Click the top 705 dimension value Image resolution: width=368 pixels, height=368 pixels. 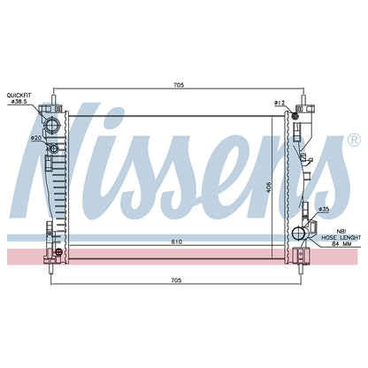(179, 85)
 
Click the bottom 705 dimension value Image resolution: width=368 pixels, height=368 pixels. (176, 280)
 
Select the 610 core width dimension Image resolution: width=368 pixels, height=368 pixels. (177, 241)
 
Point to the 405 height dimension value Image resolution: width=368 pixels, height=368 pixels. (269, 186)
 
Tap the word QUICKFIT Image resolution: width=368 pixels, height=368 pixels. (19, 96)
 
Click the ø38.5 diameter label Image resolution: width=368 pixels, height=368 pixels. (19, 101)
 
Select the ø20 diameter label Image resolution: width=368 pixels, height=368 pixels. (36, 138)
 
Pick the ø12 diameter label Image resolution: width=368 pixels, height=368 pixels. (280, 103)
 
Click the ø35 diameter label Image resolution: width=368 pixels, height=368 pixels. (324, 210)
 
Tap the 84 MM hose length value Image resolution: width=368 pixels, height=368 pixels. (341, 243)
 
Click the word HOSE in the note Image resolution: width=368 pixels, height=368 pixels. (329, 237)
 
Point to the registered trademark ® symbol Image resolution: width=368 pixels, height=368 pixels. (354, 140)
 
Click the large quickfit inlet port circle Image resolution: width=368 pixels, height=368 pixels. (52, 125)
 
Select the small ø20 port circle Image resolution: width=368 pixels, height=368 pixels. (53, 149)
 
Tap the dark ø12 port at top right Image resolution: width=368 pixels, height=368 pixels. (295, 116)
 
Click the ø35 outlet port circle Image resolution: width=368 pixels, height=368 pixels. (299, 234)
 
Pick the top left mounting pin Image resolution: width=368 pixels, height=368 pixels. (54, 99)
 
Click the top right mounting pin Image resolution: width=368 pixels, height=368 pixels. (303, 99)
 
